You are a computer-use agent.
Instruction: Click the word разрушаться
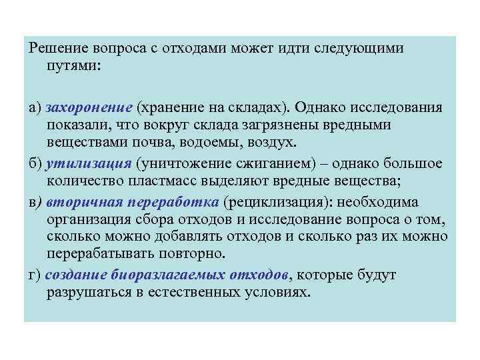(87, 293)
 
